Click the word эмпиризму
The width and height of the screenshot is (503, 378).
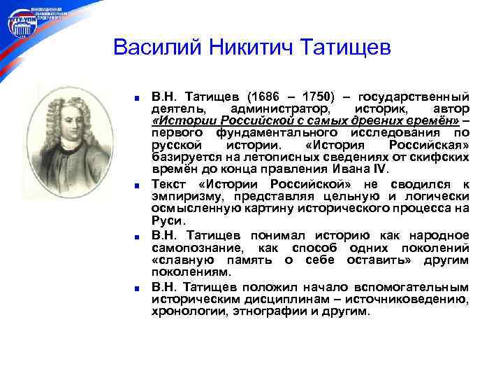coord(184,196)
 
